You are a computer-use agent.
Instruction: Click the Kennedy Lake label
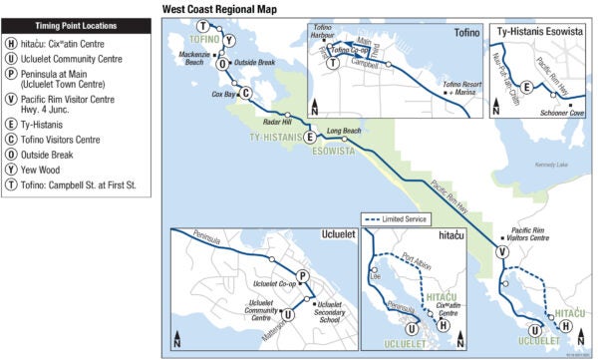550,165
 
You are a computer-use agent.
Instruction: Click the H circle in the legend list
11,43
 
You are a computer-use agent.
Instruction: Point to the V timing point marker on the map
502,253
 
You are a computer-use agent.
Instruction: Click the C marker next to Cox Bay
246,94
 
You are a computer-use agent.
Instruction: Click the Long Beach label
344,131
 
